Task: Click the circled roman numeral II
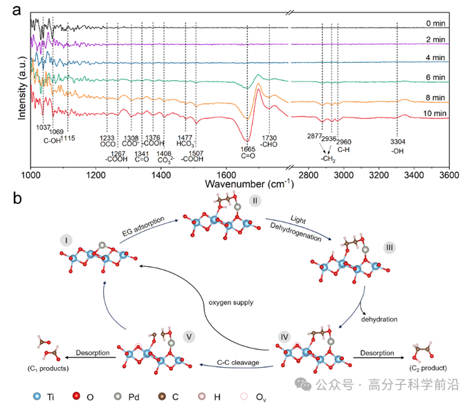[255, 200]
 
